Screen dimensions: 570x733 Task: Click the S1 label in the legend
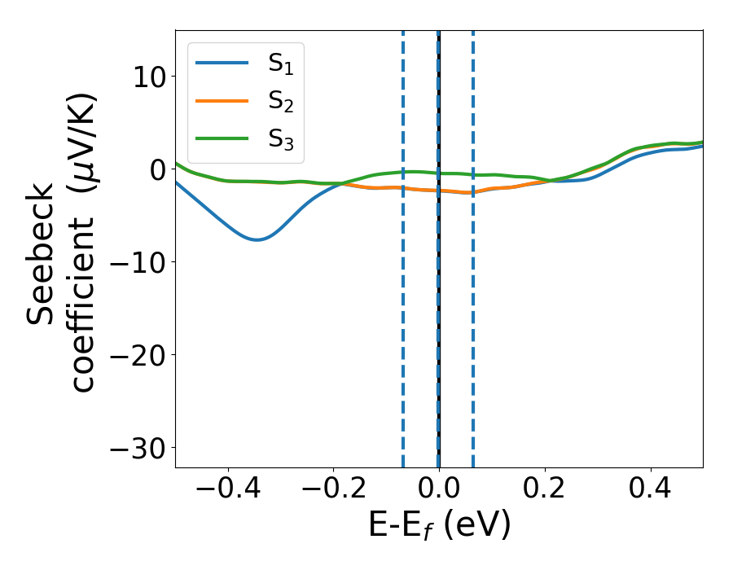[x=280, y=64]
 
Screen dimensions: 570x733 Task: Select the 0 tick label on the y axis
[x=157, y=169]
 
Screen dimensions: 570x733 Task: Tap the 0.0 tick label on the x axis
[x=439, y=491]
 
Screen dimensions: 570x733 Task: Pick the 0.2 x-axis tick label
[x=545, y=491]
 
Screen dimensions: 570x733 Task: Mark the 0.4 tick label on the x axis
[x=651, y=491]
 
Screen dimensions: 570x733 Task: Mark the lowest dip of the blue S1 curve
[x=257, y=239]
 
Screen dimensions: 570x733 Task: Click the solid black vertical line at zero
[x=439, y=326]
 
